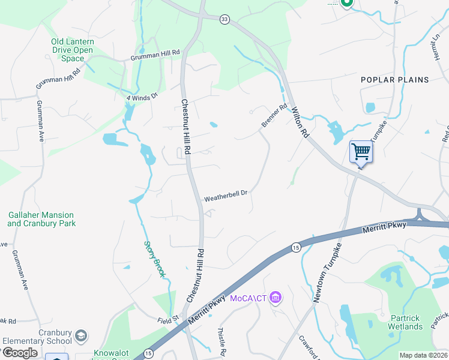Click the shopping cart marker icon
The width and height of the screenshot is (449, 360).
click(361, 151)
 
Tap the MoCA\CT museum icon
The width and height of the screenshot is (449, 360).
click(276, 297)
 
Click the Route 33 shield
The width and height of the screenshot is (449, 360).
click(224, 19)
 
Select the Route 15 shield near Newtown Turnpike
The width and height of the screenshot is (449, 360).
click(295, 247)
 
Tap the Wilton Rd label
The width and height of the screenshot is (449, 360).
click(300, 122)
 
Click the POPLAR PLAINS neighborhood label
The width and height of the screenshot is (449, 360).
click(395, 80)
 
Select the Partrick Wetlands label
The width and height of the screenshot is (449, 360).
click(405, 322)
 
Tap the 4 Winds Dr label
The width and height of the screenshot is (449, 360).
click(142, 96)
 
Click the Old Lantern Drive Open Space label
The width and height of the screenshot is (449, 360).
click(72, 50)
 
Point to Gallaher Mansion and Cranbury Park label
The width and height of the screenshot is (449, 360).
click(41, 219)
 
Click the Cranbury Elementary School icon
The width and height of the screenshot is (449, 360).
click(82, 335)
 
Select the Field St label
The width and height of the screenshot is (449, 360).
click(168, 320)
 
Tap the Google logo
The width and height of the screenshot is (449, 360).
click(19, 353)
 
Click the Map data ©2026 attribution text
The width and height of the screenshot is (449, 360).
click(423, 355)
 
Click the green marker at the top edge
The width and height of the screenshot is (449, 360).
click(346, 3)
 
